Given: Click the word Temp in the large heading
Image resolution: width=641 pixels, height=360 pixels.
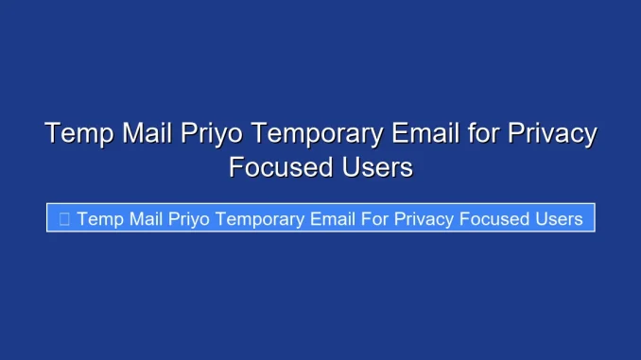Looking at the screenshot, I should click(79, 133).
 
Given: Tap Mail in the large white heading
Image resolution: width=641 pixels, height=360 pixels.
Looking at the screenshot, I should click(147, 133).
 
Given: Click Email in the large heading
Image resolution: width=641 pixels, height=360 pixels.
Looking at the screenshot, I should click(428, 133).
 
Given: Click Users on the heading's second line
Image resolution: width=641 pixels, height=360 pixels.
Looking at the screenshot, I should click(377, 167).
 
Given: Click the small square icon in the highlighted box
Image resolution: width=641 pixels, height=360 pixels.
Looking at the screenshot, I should click(64, 219).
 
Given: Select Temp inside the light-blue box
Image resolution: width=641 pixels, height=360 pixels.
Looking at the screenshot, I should click(96, 219).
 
